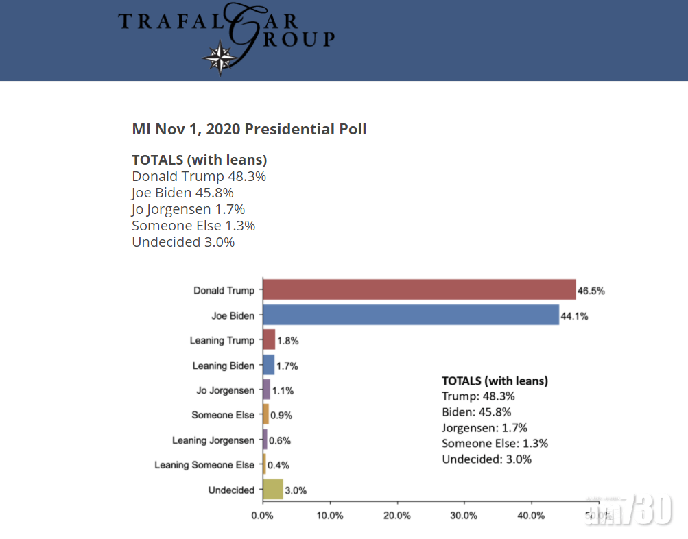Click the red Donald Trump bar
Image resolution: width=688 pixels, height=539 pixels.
point(418,290)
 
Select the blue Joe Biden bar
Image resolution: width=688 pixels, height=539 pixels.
point(410,315)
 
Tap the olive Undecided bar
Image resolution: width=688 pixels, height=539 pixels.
point(272,490)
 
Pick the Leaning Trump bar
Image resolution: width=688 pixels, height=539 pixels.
point(269,340)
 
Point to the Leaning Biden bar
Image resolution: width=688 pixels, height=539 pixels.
point(268,366)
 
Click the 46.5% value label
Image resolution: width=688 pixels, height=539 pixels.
point(591,291)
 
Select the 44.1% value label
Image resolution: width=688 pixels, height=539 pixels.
point(574,316)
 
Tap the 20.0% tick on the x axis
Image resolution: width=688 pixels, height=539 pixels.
point(397,515)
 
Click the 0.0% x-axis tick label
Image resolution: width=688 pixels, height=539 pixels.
point(263,515)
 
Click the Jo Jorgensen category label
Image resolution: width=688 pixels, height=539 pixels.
point(225,390)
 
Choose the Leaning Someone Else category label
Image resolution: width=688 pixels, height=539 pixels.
point(204,465)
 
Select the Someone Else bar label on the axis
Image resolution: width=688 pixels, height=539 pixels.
point(223,415)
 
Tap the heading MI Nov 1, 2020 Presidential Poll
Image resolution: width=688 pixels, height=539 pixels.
point(249,129)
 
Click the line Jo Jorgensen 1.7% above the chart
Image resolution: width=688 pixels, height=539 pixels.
point(188,209)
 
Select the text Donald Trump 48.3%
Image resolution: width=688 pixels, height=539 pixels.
point(199,176)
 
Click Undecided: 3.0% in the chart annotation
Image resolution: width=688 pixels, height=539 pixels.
point(486,459)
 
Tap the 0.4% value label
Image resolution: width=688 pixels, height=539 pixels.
point(278,465)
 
